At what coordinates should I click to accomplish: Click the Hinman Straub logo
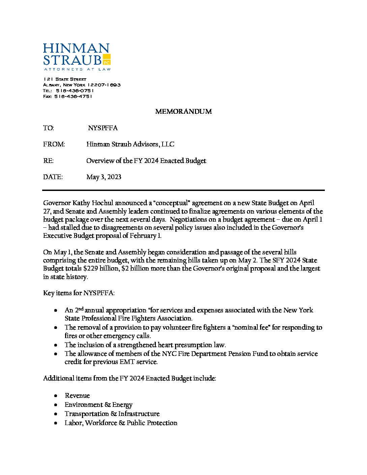coord(76,56)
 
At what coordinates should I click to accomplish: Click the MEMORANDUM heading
coord(183,111)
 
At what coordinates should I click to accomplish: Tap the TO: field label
coord(49,128)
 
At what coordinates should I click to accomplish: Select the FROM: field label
coord(54,144)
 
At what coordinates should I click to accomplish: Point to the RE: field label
coord(48,161)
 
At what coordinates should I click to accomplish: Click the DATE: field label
coord(53,177)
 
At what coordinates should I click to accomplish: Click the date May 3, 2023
coord(104,177)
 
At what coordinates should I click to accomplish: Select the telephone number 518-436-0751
coord(75,90)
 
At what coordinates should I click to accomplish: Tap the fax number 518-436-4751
coord(73,96)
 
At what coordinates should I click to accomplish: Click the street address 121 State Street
coord(65,79)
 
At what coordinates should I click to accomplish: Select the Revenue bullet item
coord(77,396)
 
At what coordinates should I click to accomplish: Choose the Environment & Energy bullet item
coord(98,405)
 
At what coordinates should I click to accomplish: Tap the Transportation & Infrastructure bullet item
coord(112,414)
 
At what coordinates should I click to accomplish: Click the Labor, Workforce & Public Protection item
coord(121,423)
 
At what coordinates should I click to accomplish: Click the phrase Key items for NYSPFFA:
coord(79,293)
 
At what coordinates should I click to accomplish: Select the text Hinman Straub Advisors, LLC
coord(130,144)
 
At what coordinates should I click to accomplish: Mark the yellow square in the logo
coord(106,59)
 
